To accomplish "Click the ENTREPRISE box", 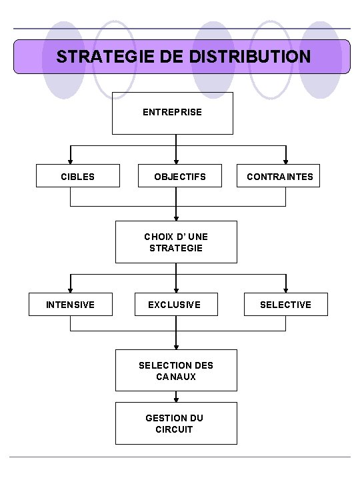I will click(172, 113).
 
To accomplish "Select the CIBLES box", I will click(78, 177).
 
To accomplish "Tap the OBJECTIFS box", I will click(179, 177).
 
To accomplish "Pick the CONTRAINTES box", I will click(279, 177).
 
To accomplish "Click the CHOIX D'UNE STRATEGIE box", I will click(176, 242).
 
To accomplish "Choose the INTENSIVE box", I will click(70, 305).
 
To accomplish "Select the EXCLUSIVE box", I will click(174, 305).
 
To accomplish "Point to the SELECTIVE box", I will click(285, 305).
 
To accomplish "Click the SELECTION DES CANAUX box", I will click(176, 371).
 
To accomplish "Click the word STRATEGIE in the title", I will click(103, 57).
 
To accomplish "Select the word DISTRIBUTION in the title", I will click(250, 57).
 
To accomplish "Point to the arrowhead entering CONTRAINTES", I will click(286, 161).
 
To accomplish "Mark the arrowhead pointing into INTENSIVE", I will click(70, 289).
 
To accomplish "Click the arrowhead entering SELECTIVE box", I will click(286, 289).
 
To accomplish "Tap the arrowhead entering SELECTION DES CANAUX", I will click(176, 347).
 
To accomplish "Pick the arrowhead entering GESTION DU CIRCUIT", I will click(176, 399).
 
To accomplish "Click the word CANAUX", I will click(177, 377).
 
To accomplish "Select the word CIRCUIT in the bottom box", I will click(175, 429).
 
